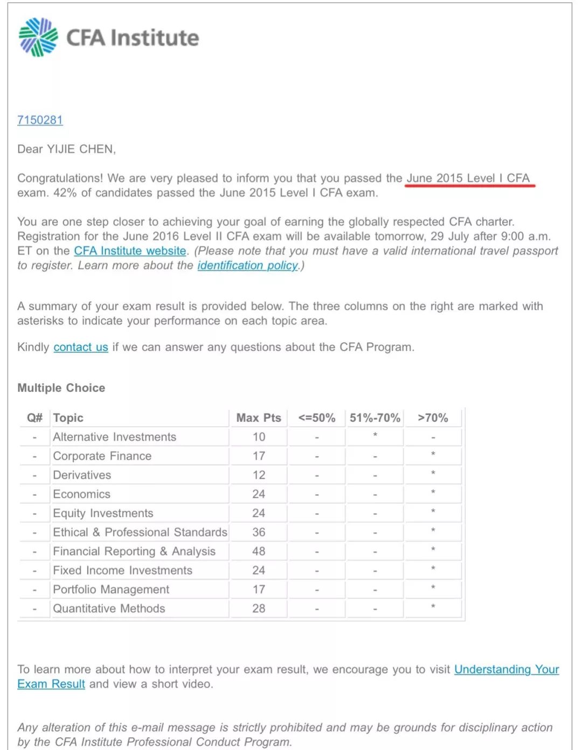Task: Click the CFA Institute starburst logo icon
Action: (38, 37)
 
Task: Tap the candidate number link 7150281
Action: (40, 120)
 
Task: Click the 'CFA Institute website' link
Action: (130, 251)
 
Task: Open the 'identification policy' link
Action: (247, 266)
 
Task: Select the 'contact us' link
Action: (81, 348)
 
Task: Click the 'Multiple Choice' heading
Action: (61, 388)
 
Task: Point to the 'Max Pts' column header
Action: (259, 418)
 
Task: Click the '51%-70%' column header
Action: (375, 418)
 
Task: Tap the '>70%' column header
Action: (433, 418)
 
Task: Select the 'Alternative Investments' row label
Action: (114, 437)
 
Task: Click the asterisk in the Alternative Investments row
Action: (375, 435)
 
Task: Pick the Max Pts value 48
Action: (259, 552)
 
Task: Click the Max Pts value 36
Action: (259, 532)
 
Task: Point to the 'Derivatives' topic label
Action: (82, 475)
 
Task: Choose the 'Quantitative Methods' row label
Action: (109, 609)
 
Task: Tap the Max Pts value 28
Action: (259, 609)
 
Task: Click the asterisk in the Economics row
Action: (433, 492)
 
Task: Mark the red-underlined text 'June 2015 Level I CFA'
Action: (468, 178)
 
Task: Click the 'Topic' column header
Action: (68, 418)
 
